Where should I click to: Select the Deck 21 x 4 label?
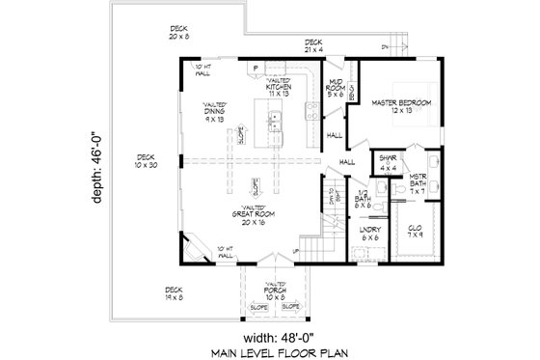313,44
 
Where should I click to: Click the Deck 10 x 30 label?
146,161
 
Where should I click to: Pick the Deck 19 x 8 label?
174,292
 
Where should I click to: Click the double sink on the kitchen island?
274,121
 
